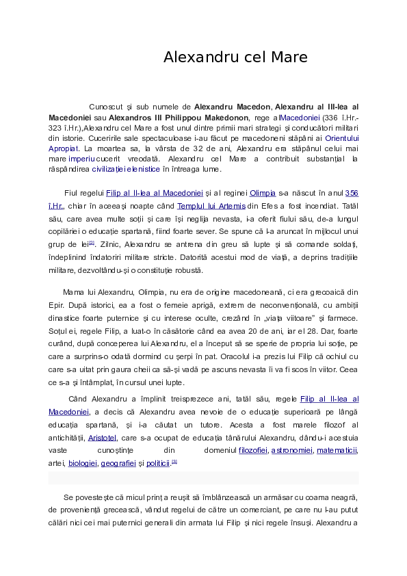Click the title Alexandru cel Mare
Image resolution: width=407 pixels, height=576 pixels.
[235, 57]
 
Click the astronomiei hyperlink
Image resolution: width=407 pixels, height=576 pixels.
[292, 450]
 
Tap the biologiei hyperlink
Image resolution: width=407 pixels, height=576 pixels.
[82, 463]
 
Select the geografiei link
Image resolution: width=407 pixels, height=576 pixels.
[118, 463]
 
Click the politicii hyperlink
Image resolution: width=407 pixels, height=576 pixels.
[158, 463]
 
